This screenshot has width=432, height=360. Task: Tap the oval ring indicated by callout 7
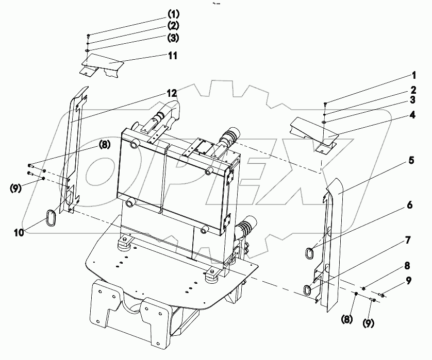coord(307,290)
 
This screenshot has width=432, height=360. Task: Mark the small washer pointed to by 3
coord(322,122)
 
